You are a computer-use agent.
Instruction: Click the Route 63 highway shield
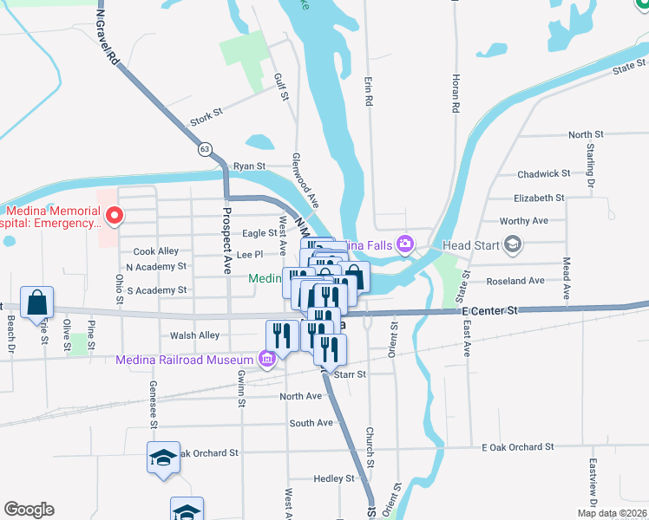(x=205, y=149)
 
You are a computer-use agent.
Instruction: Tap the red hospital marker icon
(x=112, y=214)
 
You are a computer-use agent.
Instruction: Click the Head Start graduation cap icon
(x=512, y=245)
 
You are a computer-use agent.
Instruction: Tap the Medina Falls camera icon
(x=404, y=245)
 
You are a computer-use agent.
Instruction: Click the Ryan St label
(x=248, y=166)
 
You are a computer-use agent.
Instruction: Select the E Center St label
(x=489, y=309)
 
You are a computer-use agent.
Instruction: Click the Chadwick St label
(x=543, y=174)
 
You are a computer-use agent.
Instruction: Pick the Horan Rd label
(x=454, y=94)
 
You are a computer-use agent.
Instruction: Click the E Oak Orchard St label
(x=517, y=447)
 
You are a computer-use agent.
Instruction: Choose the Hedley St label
(x=333, y=478)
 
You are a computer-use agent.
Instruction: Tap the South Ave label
(x=311, y=423)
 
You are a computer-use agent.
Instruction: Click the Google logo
(x=29, y=510)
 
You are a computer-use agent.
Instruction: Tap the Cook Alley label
(x=156, y=251)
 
